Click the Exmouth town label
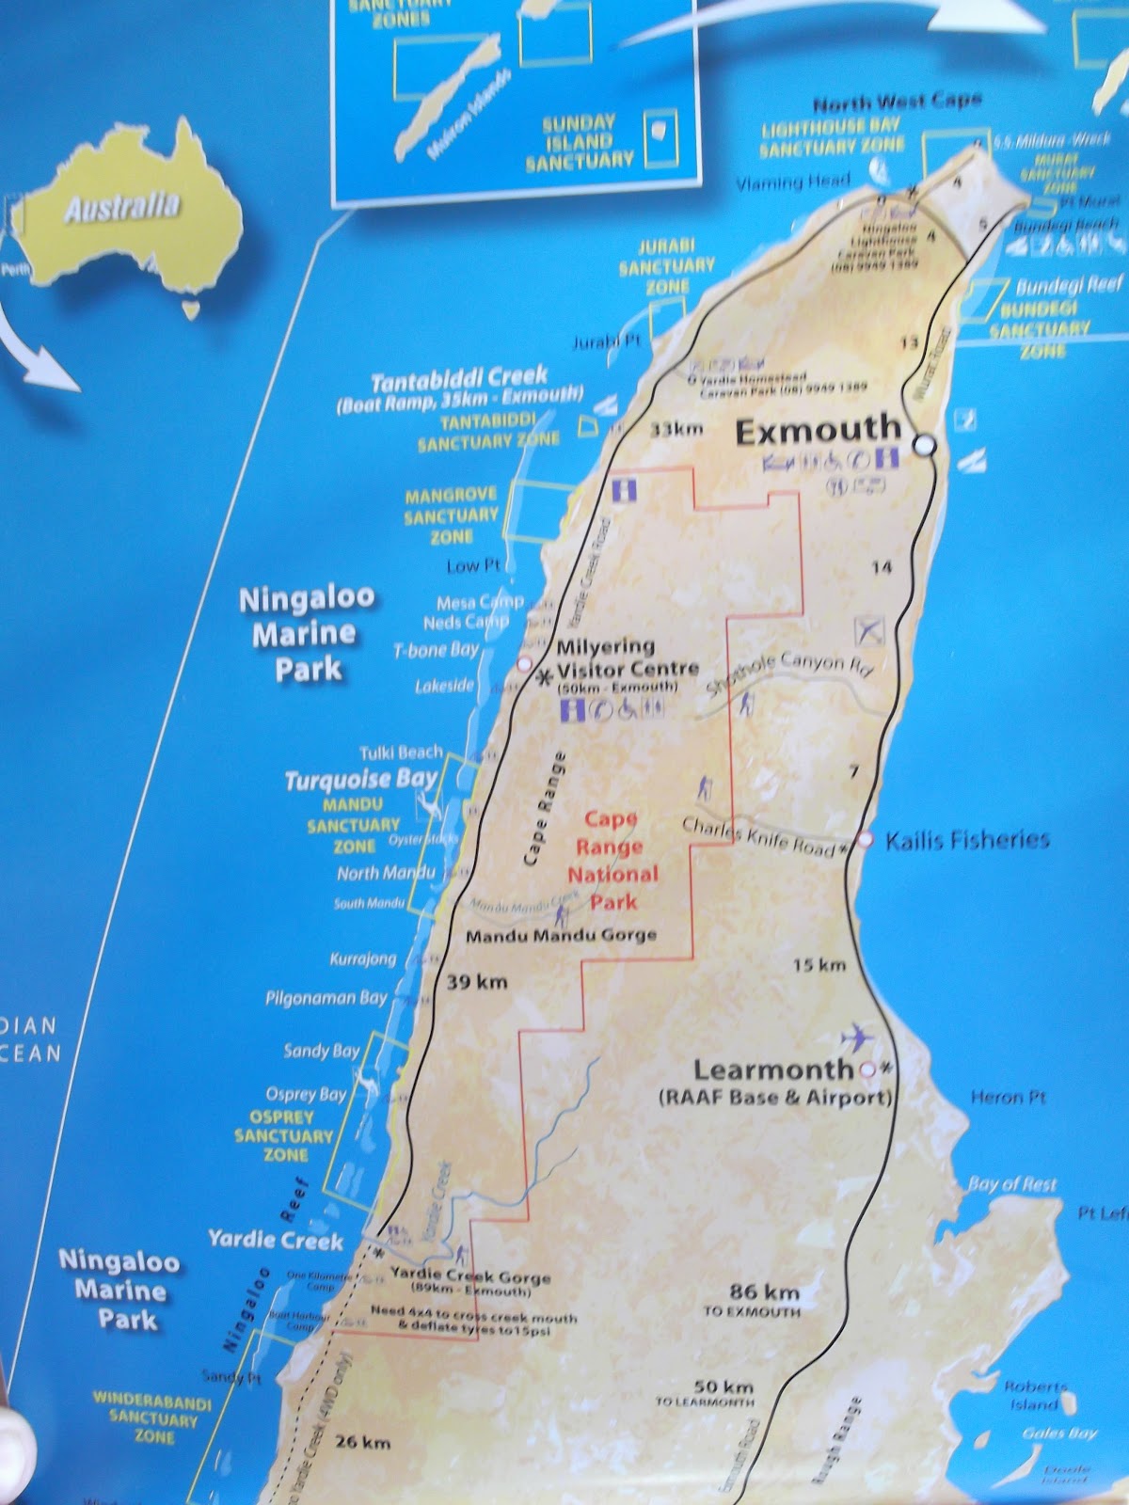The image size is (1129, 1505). [817, 431]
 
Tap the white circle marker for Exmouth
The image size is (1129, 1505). [926, 445]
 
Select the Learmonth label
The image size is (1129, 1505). [772, 1069]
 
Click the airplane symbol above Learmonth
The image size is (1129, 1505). [857, 1038]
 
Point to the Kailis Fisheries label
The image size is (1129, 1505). [966, 840]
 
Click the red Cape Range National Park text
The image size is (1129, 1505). [612, 861]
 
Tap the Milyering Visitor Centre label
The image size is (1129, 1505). [628, 657]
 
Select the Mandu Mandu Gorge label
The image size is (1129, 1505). [561, 936]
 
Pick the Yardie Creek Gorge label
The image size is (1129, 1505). [469, 1277]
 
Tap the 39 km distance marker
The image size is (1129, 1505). [477, 982]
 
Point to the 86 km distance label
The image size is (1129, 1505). [764, 1291]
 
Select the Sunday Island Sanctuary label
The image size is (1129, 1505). [579, 142]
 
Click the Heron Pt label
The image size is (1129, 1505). [1008, 1097]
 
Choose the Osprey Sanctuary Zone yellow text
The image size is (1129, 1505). [283, 1135]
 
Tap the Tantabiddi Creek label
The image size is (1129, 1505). [458, 381]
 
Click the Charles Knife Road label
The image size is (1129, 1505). [758, 836]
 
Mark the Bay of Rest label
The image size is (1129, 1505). [1012, 1184]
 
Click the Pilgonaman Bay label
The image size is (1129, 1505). [326, 998]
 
